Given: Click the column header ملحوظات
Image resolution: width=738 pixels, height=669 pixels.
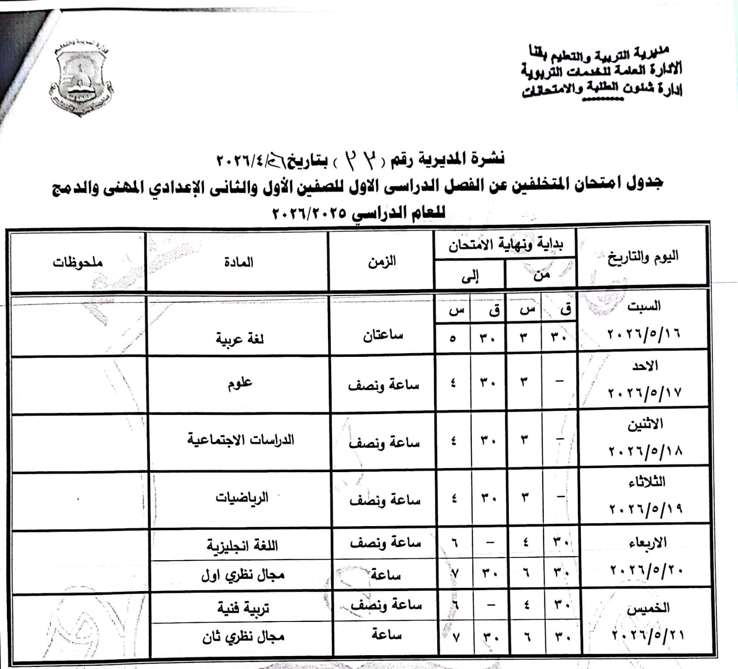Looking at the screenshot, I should (77, 262).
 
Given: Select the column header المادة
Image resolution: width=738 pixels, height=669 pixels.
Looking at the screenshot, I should (238, 262).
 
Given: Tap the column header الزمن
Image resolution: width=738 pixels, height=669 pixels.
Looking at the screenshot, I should (381, 261).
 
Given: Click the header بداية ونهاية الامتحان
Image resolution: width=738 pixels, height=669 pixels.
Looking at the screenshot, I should (506, 244).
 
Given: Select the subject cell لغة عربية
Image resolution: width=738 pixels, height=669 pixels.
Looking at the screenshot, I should (239, 339).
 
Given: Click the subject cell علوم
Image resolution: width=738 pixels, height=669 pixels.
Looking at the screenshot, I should (239, 384).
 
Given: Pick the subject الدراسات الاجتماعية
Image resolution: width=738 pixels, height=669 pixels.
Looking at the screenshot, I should (240, 440).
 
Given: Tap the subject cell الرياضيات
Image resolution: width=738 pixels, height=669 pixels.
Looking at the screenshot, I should (242, 498).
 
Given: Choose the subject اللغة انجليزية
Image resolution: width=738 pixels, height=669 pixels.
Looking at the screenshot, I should (242, 546).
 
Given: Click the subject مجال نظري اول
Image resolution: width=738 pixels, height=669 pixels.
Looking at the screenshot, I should (243, 575).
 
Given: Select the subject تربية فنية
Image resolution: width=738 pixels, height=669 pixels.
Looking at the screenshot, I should (243, 609).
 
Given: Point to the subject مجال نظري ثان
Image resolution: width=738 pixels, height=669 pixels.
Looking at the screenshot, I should (243, 637).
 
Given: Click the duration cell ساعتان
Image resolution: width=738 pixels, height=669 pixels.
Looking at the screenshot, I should (383, 335).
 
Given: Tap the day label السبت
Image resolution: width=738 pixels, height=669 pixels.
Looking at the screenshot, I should (643, 306).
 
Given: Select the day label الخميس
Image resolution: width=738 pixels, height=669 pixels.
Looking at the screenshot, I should (648, 608).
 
